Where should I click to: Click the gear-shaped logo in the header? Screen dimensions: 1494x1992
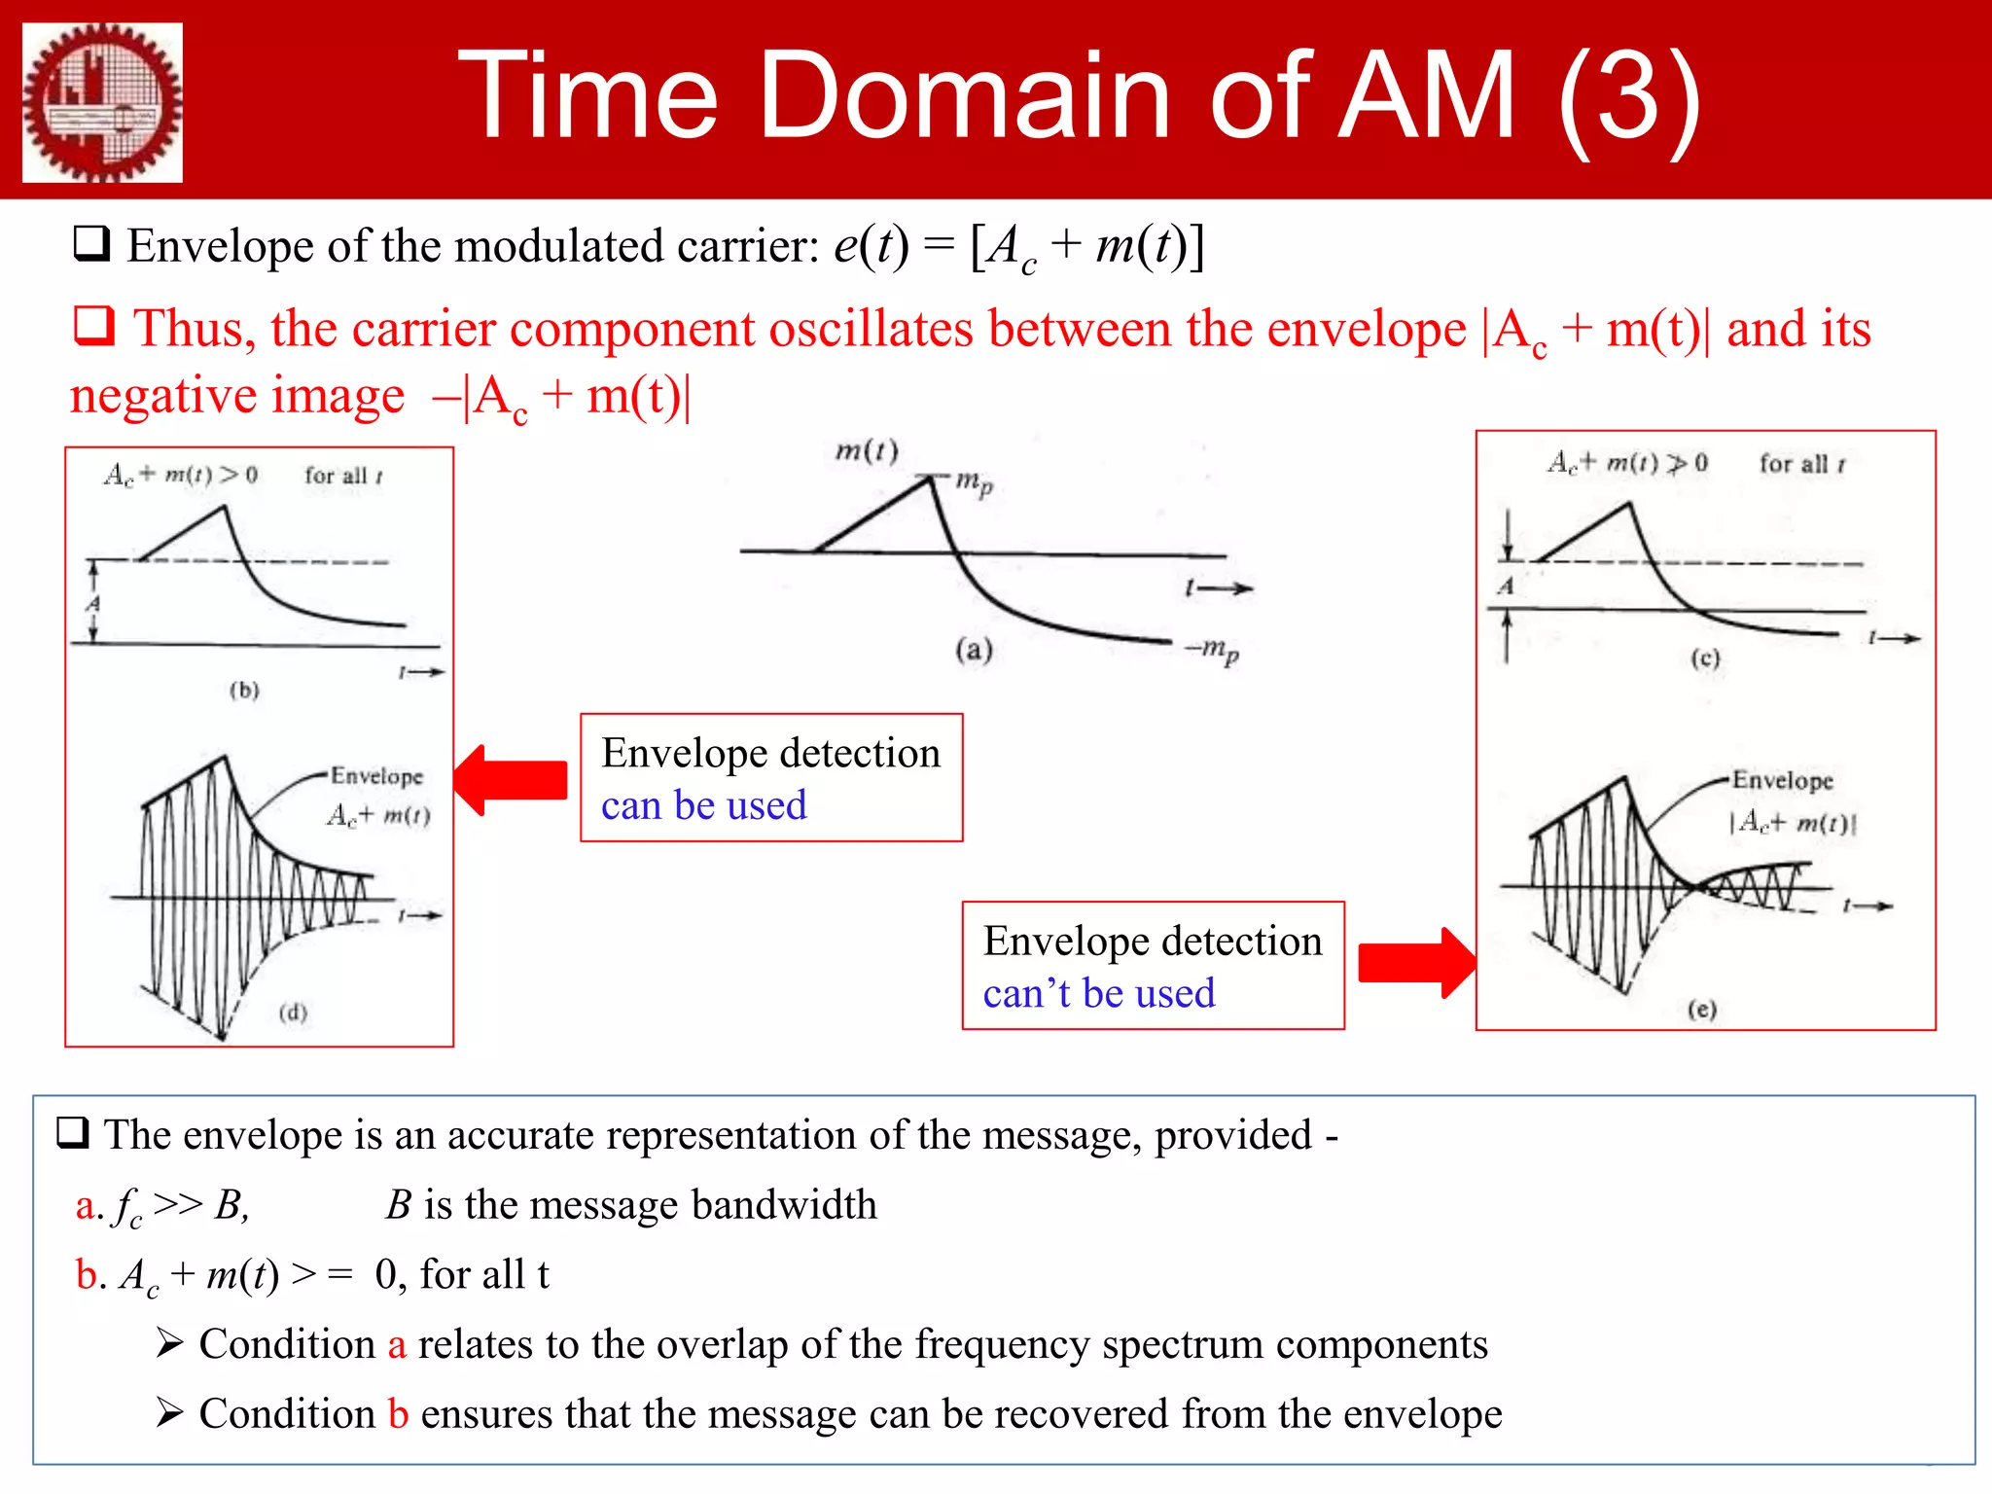102,102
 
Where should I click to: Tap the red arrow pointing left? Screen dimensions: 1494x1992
511,780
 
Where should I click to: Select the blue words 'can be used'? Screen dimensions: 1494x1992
703,806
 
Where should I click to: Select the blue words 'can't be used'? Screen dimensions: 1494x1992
1098,994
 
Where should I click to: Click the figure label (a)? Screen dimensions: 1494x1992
974,649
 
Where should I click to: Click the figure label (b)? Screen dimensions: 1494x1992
244,690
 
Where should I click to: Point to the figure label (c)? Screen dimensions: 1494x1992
1705,658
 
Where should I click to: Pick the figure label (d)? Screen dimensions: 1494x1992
293,1013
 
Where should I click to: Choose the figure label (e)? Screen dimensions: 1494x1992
1702,1009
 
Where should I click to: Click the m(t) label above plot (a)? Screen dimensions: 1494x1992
867,450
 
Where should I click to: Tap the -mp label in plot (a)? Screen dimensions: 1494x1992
1212,649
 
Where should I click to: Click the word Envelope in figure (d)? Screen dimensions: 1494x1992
376,776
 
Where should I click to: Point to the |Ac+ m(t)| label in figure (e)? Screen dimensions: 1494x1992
1792,823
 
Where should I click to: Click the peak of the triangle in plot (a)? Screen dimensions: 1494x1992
930,477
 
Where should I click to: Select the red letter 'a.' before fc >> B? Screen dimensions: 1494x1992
89,1206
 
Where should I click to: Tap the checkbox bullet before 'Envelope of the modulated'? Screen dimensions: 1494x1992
92,244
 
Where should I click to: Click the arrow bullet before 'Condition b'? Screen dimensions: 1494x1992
169,1413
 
